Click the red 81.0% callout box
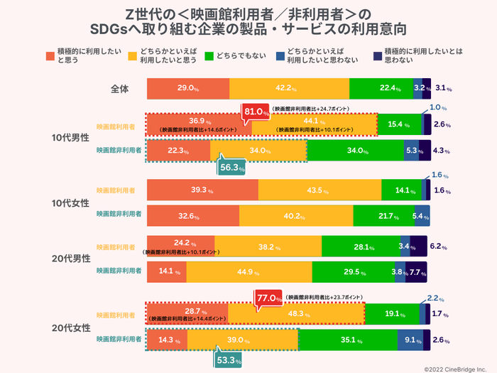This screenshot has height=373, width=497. point(256,112)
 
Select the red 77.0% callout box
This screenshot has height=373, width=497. point(270,297)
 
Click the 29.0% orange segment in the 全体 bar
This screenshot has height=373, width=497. point(188,88)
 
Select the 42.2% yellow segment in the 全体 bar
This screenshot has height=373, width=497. point(290,88)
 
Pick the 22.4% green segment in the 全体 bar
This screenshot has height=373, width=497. point(381,88)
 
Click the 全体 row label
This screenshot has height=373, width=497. point(119,89)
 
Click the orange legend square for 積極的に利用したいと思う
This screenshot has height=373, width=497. point(50,56)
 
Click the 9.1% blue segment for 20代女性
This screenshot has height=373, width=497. point(410,340)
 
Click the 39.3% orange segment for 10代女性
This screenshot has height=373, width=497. point(202,190)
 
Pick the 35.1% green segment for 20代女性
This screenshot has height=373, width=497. point(347,340)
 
